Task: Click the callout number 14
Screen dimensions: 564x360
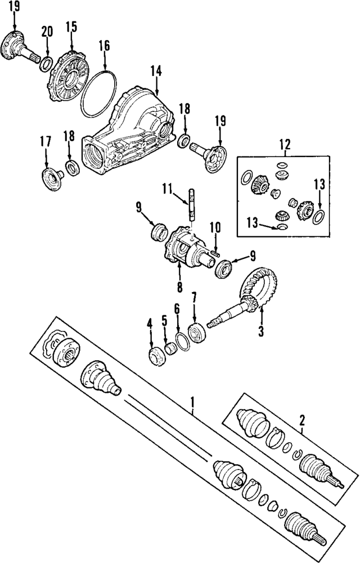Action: click(x=156, y=71)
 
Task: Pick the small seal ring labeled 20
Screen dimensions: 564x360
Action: click(x=46, y=61)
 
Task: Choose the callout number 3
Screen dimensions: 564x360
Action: click(x=261, y=332)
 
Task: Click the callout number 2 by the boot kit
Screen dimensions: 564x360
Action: click(x=302, y=419)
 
